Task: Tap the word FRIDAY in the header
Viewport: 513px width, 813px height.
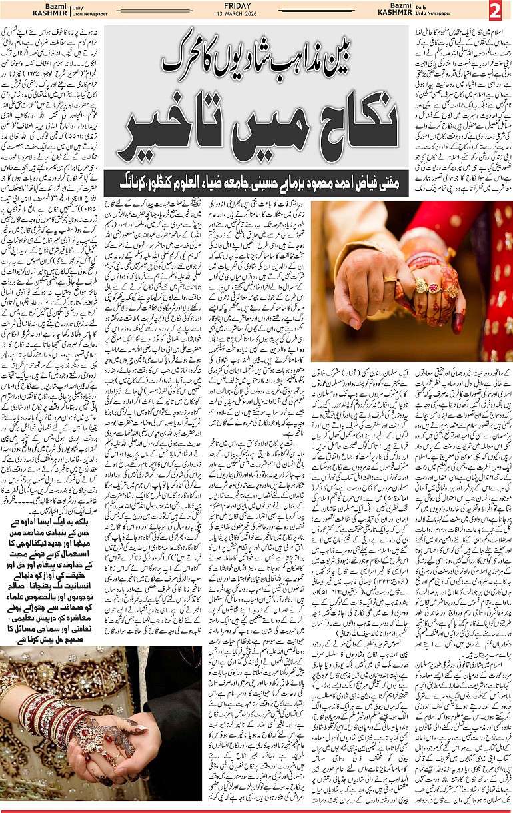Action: click(x=256, y=7)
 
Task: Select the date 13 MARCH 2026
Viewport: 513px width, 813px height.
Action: click(x=256, y=15)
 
